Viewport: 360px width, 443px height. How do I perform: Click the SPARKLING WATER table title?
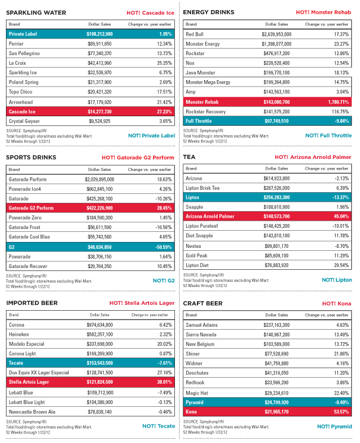point(35,12)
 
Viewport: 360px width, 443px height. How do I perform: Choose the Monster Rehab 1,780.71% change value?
point(335,101)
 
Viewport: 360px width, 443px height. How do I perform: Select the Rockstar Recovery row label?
point(207,111)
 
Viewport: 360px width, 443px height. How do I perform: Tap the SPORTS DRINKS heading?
point(31,157)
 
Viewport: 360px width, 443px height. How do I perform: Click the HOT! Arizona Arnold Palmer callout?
point(313,157)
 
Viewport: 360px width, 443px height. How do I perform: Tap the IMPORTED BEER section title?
point(31,304)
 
